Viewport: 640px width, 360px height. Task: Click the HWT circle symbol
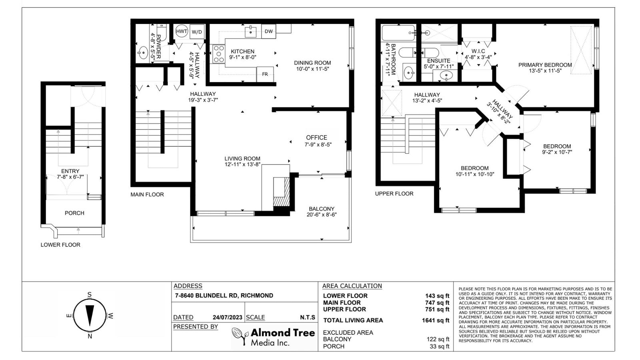pos(182,32)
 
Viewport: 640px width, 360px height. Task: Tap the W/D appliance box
pos(197,32)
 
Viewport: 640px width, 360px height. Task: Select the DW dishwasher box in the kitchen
pos(268,32)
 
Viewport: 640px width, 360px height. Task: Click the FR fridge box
pos(265,74)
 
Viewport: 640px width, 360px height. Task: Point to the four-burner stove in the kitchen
pos(218,54)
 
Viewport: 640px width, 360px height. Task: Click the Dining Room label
pos(312,63)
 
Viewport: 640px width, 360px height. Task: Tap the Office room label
pos(316,138)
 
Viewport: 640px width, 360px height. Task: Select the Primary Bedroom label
pos(545,65)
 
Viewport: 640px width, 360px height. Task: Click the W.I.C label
pos(478,51)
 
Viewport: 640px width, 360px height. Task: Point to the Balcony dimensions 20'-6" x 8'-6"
pos(322,215)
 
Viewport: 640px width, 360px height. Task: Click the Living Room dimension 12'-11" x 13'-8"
pos(242,164)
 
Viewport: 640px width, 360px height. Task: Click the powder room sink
pos(143,52)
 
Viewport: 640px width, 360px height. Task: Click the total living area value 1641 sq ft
pos(436,320)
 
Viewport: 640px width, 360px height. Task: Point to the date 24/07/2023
pos(228,318)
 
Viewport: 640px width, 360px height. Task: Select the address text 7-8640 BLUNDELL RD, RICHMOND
pos(224,296)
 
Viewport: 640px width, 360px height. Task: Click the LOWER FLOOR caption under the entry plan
pos(60,245)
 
